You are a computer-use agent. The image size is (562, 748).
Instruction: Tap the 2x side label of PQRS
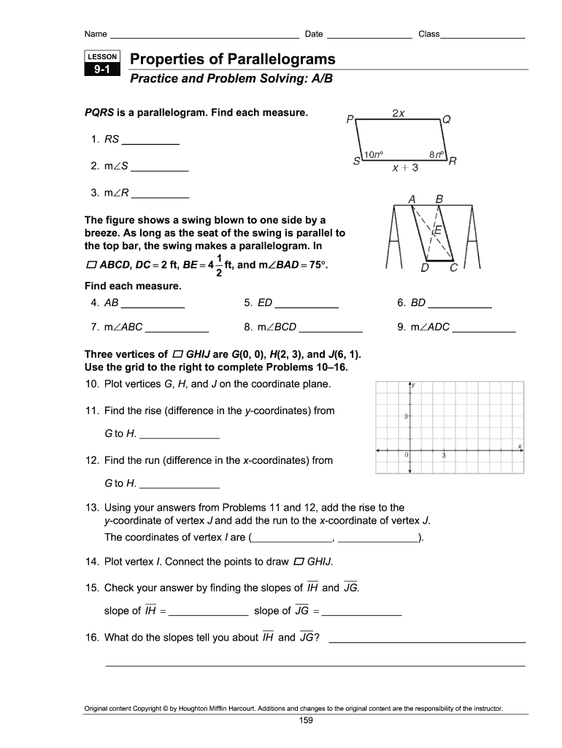(399, 113)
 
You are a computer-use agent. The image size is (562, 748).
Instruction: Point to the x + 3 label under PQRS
(405, 168)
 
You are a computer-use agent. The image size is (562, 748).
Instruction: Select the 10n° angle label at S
(374, 154)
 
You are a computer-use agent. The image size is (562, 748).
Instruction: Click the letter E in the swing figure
(438, 230)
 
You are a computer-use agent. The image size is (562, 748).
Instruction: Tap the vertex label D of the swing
(424, 267)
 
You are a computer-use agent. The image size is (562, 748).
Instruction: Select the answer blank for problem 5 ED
(307, 302)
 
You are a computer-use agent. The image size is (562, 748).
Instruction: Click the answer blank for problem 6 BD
(460, 302)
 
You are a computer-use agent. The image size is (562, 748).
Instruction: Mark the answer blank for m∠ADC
(484, 327)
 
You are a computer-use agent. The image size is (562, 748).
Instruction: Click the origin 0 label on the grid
(406, 455)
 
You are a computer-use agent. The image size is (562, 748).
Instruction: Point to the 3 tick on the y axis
(406, 416)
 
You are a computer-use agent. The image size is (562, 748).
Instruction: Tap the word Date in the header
(314, 34)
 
